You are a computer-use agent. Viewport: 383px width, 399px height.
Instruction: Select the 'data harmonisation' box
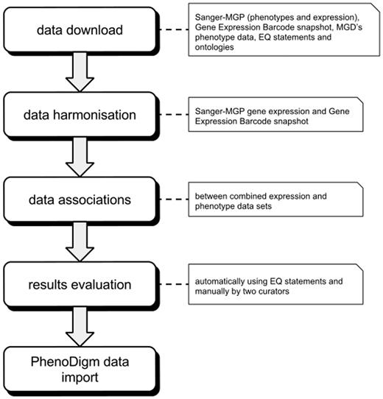88,113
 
